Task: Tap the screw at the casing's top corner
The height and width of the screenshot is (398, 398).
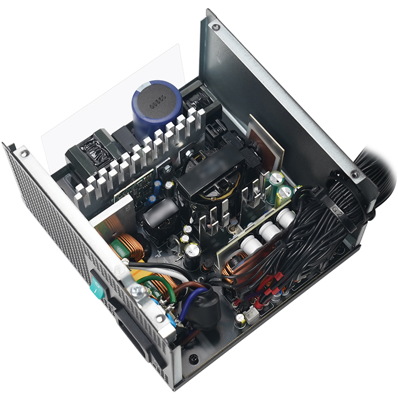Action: point(215,26)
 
